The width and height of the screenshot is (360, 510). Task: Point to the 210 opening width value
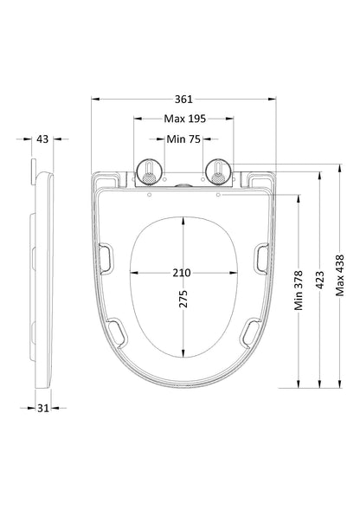click(182, 272)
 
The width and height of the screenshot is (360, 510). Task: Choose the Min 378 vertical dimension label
click(298, 290)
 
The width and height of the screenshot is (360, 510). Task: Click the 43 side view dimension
click(43, 139)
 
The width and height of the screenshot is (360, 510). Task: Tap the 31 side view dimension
click(43, 408)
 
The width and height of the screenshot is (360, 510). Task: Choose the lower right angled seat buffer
click(250, 330)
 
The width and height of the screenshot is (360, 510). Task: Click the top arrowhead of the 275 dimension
click(183, 217)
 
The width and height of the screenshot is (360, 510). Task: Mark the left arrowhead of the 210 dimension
click(132, 272)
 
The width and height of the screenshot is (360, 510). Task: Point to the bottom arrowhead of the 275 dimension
click(183, 354)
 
